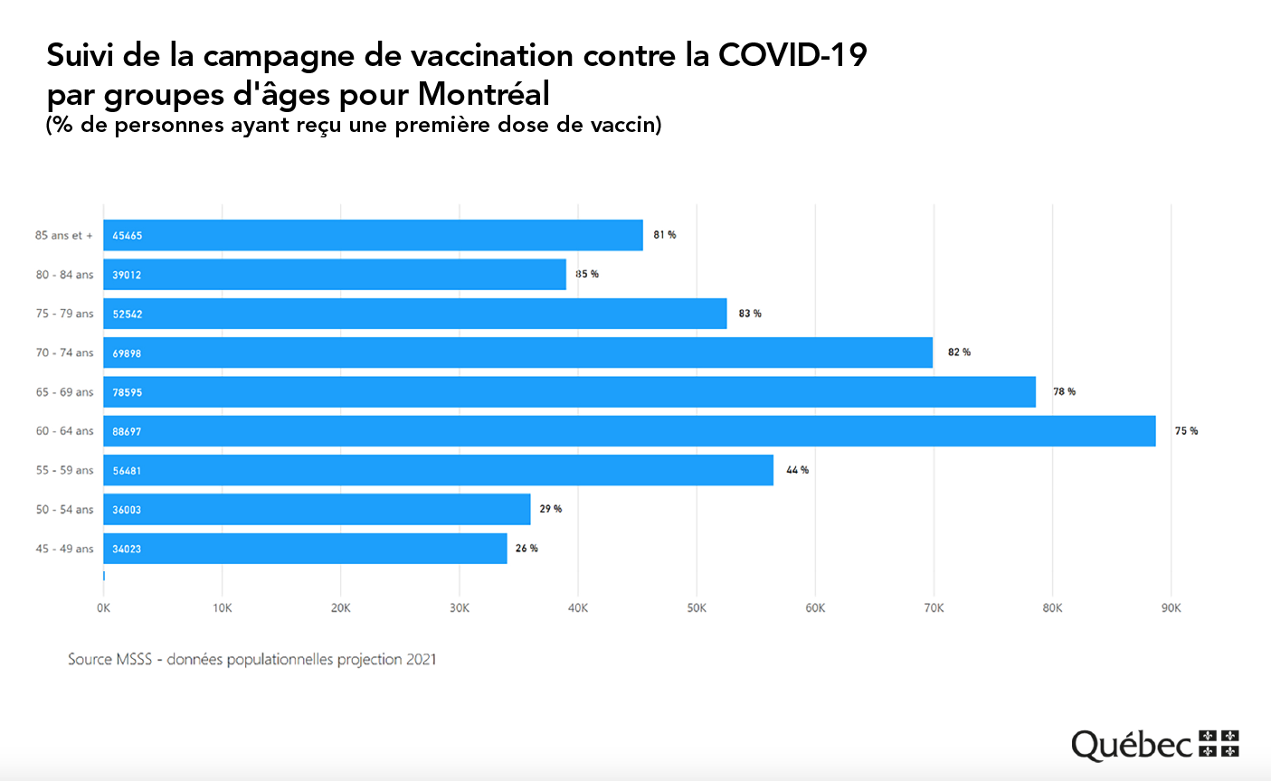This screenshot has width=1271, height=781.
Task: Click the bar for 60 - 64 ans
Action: point(629,431)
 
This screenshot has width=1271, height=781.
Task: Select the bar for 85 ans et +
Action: point(373,235)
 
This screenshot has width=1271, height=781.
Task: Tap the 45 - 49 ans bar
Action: point(305,549)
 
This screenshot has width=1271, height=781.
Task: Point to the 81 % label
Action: point(665,235)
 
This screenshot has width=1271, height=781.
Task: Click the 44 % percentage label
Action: point(797,470)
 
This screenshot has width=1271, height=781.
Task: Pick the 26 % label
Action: point(526,549)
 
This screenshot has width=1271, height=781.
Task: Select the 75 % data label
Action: point(1186,431)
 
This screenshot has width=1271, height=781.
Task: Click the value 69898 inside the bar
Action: point(127,353)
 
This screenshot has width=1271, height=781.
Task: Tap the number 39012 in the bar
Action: point(127,275)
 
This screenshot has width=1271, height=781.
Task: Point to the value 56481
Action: point(127,471)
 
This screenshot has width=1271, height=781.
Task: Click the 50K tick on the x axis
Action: point(697,608)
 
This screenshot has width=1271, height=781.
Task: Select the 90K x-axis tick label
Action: point(1171,608)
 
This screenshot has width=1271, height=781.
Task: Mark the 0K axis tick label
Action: point(103,608)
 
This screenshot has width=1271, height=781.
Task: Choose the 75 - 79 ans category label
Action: point(64,314)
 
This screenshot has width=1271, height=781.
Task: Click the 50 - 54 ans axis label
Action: point(64,510)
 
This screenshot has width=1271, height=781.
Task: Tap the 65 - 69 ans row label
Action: point(64,392)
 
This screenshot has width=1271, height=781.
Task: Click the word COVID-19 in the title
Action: point(792,56)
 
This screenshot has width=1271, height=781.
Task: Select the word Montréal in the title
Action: point(484,94)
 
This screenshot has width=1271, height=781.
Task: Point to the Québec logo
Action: point(1154,744)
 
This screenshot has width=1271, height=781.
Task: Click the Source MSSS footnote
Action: point(251,660)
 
